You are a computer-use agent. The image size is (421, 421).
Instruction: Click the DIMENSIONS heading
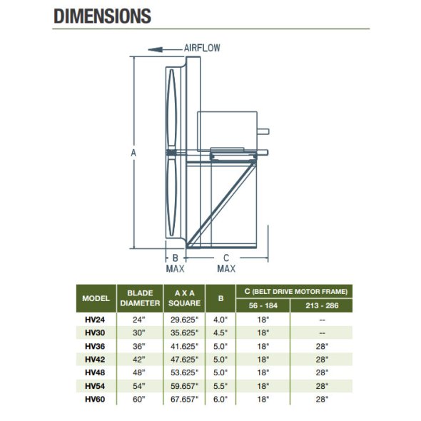point(102,16)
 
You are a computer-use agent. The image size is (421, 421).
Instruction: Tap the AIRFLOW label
point(202,48)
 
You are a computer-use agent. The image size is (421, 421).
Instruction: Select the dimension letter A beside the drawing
point(133,153)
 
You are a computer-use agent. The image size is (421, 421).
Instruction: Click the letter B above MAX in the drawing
point(176,258)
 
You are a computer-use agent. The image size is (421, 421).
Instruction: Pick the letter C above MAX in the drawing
point(226,258)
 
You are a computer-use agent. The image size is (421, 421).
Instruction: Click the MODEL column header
point(96,298)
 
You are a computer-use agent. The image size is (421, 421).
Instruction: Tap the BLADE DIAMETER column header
point(140,298)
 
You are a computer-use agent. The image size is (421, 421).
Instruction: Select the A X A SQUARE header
point(185,298)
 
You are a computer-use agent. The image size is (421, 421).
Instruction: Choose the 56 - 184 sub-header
point(263,305)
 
